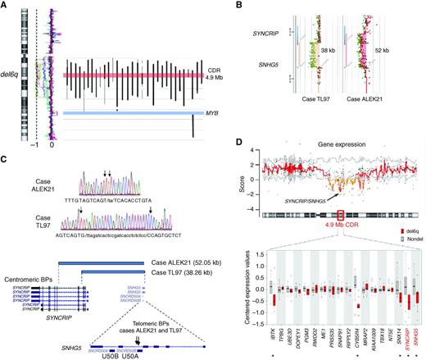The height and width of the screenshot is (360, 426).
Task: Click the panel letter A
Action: pyautogui.click(x=6, y=5)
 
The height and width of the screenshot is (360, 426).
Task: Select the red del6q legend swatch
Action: pyautogui.click(x=387, y=255)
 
